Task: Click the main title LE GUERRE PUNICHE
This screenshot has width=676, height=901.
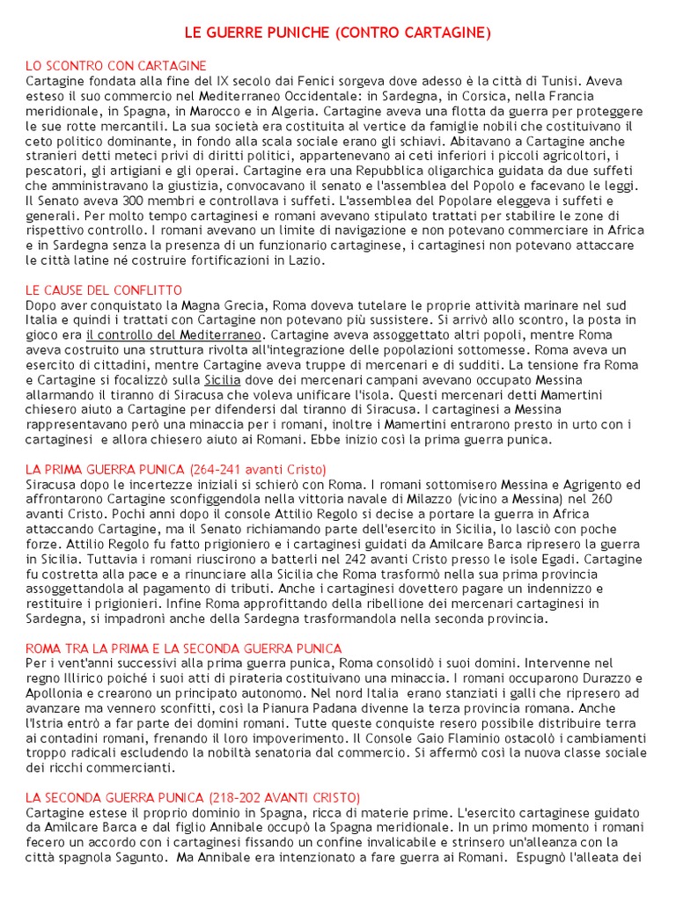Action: [337, 33]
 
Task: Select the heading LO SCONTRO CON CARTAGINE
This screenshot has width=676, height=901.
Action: [116, 66]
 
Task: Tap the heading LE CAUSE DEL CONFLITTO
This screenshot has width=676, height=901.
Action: [104, 290]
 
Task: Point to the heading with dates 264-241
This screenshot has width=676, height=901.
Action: [176, 469]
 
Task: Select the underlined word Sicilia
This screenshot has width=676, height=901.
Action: [223, 380]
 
